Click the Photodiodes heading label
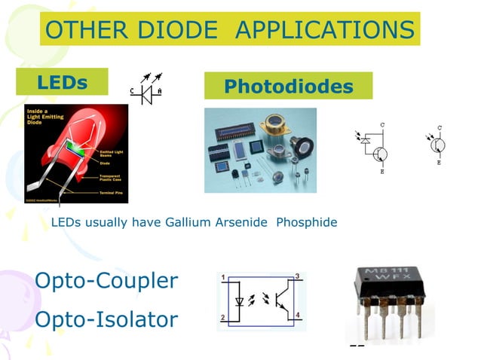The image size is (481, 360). [288, 86]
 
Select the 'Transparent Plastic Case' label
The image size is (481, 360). [114, 178]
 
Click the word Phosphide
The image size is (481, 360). [307, 222]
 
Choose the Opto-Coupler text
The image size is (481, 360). [106, 281]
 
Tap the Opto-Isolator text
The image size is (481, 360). [106, 319]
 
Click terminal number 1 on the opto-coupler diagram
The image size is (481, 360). [223, 278]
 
